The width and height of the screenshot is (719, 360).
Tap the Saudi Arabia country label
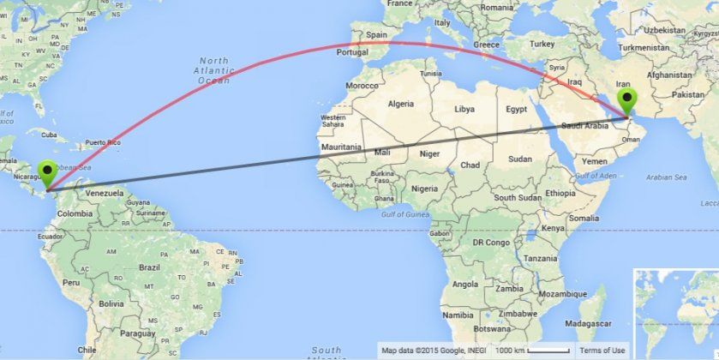[585, 126]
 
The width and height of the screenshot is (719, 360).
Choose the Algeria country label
[400, 104]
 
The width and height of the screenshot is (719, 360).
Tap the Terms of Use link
[602, 350]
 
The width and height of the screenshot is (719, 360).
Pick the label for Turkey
[542, 44]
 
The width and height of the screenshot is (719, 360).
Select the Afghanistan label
[669, 75]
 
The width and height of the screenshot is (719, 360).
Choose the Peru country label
[71, 281]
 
